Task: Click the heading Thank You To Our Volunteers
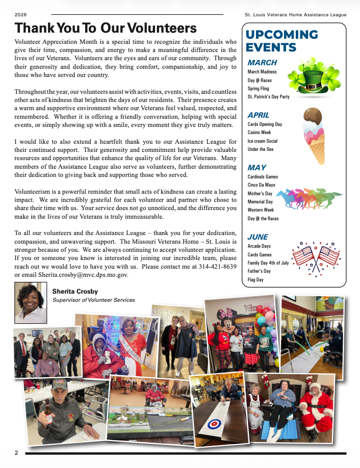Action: (x=106, y=28)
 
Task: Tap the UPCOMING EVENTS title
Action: (x=281, y=41)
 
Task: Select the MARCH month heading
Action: (x=262, y=63)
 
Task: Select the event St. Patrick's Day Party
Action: (x=268, y=96)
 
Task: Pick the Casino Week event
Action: (x=259, y=133)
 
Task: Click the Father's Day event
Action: (x=260, y=271)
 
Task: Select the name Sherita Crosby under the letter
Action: (x=75, y=292)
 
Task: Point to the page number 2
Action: (x=16, y=453)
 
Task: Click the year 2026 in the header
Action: (x=21, y=15)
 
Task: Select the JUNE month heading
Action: (x=258, y=237)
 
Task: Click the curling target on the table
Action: (x=214, y=423)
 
